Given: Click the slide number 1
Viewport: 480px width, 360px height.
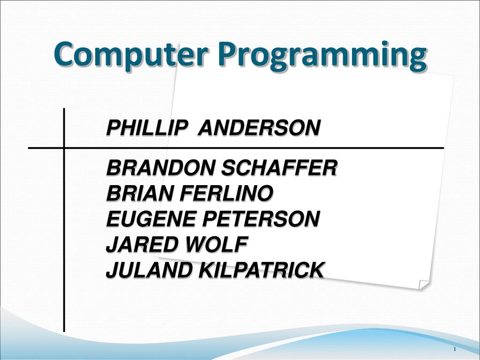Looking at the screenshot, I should (455, 350).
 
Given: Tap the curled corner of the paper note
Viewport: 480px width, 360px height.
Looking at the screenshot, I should (423, 285).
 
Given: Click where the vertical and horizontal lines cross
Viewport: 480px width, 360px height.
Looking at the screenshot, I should (64, 148).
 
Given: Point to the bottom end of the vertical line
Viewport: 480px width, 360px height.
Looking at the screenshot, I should (64, 329).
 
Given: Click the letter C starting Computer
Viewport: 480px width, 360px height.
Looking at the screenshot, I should (62, 54).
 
